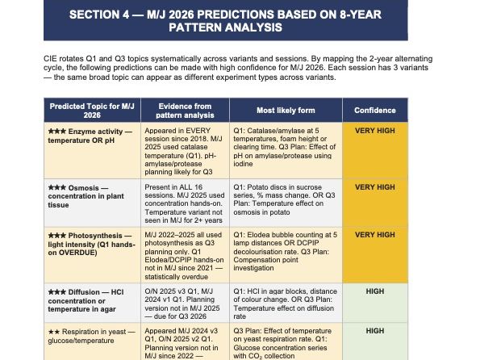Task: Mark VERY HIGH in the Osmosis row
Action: pyautogui.click(x=374, y=187)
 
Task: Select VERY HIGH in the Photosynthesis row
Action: pyautogui.click(x=374, y=235)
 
